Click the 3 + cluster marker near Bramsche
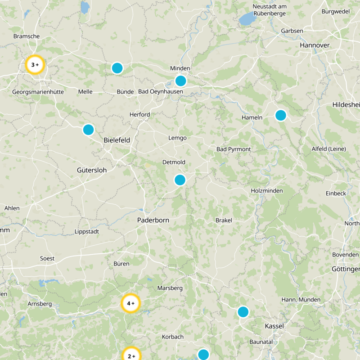[x=35, y=65]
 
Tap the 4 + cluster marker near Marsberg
[x=131, y=303]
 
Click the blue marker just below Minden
[x=180, y=81]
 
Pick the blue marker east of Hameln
[x=281, y=115]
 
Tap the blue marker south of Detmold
[x=180, y=180]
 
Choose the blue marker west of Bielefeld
[x=88, y=130]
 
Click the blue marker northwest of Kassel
[x=243, y=312]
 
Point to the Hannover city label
[x=315, y=45]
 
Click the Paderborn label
[x=153, y=220]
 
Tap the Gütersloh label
[x=91, y=171]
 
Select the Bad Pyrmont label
[x=234, y=149]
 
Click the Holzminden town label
[x=267, y=191]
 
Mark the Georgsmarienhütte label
[x=38, y=92]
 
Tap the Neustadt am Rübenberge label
[x=270, y=9]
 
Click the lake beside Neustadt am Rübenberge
[x=247, y=19]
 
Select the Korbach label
[x=173, y=337]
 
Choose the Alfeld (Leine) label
[x=328, y=149]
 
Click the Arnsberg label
[x=40, y=304]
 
